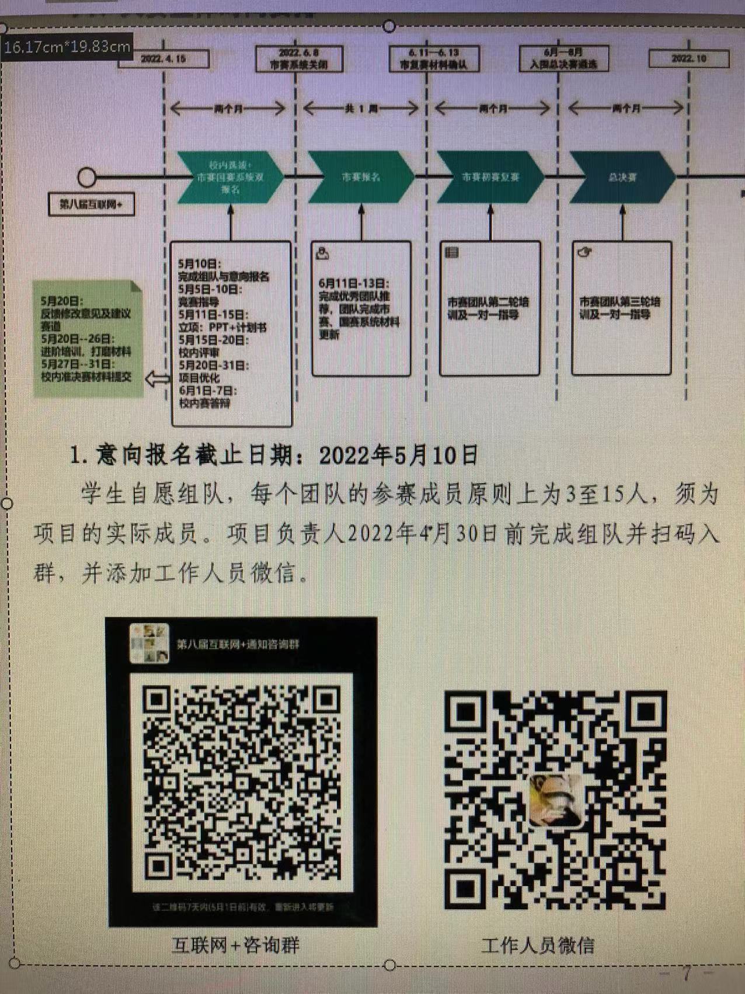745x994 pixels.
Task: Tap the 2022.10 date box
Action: [x=689, y=59]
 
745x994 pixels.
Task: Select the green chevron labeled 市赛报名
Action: [x=361, y=177]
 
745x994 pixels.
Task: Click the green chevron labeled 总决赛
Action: [x=622, y=177]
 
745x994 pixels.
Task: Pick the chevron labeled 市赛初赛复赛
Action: [x=490, y=177]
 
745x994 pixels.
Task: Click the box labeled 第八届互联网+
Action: [x=91, y=204]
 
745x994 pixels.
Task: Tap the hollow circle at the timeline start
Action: [x=87, y=177]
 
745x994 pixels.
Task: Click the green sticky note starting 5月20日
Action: [x=88, y=339]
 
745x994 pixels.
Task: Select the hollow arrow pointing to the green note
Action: [x=157, y=380]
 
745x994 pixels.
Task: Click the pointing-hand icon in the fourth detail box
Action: [x=584, y=252]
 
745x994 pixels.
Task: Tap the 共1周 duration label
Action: [x=361, y=109]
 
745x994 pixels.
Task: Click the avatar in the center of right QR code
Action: [x=555, y=800]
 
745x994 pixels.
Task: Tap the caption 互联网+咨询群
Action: [x=236, y=945]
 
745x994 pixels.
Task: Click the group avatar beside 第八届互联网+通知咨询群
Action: [x=149, y=644]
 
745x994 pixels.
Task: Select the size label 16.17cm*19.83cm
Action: [x=67, y=47]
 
